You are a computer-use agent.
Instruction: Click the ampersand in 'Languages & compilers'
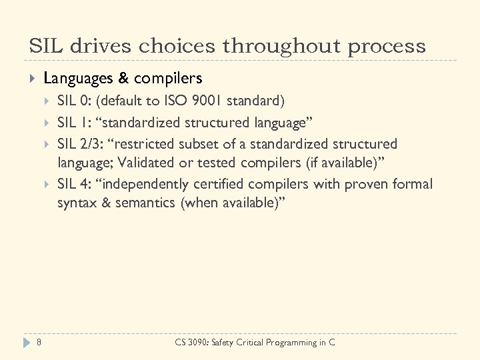click(123, 79)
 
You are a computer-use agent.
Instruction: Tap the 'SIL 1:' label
click(74, 123)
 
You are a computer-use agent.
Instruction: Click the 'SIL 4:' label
click(74, 184)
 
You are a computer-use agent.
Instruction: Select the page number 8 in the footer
click(39, 343)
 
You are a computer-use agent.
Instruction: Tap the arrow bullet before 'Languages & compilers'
click(32, 79)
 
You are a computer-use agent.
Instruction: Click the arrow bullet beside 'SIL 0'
click(47, 101)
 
